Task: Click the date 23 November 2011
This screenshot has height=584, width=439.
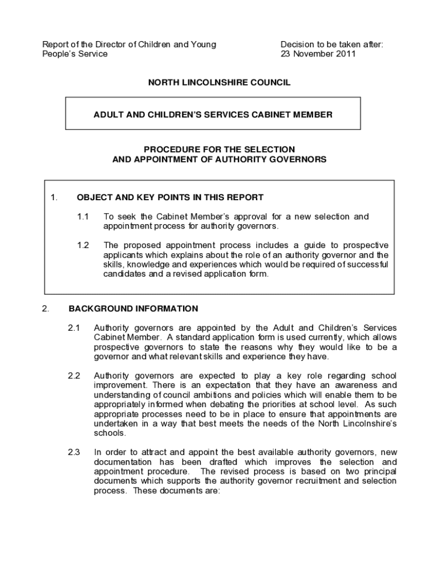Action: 318,54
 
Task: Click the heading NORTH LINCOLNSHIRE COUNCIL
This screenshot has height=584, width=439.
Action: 219,83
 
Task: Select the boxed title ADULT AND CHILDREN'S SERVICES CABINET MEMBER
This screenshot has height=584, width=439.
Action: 213,115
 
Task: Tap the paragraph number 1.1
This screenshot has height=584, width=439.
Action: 83,217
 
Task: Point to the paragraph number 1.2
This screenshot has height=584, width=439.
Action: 83,245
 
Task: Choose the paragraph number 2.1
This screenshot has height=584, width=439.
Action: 74,328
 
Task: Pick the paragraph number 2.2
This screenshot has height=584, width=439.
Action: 74,376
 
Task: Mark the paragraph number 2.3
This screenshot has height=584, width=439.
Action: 74,452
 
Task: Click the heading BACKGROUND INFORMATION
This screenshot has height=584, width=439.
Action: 133,309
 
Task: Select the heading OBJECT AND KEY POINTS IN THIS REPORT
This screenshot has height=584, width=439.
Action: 170,198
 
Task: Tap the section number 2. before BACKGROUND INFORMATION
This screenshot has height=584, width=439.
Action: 46,309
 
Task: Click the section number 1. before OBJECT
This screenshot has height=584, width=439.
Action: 54,198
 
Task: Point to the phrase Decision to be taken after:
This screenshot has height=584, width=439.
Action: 332,44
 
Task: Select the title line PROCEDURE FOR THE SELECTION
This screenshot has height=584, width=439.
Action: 219,150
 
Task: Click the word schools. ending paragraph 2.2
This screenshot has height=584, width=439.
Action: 108,433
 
